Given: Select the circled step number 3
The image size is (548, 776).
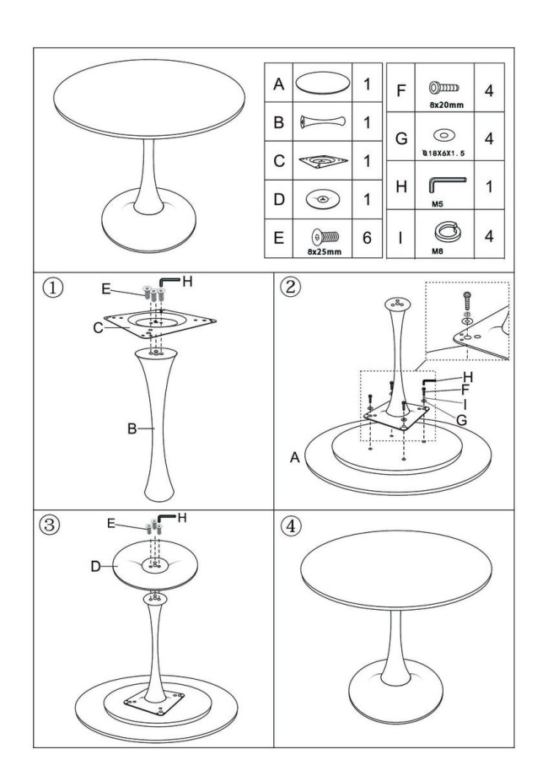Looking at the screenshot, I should [x=54, y=524].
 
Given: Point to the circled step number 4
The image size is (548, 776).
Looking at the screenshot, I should [x=290, y=525].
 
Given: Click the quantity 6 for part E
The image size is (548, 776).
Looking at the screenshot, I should [x=367, y=238].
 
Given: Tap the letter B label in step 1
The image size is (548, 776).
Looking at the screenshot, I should [x=132, y=429].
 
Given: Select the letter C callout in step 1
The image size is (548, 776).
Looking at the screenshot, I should [x=99, y=328].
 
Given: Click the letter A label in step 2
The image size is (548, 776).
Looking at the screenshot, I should [x=294, y=457].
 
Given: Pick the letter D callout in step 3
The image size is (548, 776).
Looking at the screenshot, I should [x=96, y=566].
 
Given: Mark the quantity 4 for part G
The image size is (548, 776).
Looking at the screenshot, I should [x=489, y=138].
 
